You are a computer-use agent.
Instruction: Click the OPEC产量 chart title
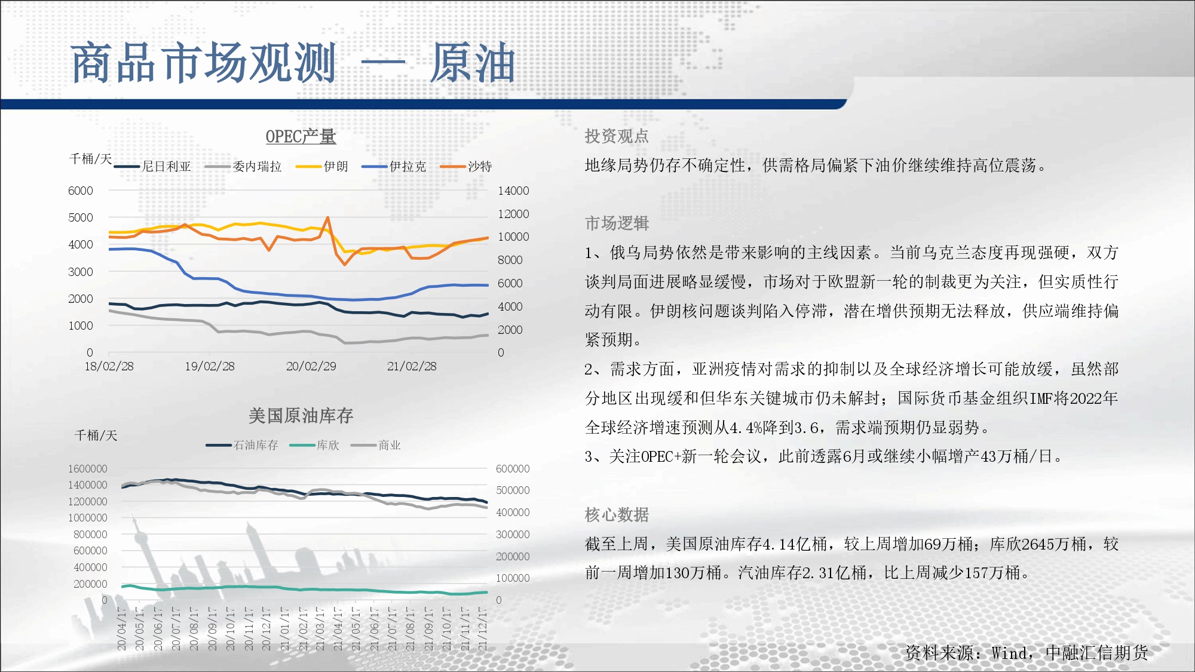[x=301, y=137]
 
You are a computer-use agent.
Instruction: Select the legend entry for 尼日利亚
[x=152, y=167]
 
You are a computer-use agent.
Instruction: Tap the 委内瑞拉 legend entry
[x=243, y=167]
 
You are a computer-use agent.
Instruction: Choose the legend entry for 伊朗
[x=322, y=167]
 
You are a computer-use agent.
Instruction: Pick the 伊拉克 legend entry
[x=394, y=167]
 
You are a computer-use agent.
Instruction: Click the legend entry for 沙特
[x=466, y=167]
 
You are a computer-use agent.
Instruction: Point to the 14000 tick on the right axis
[x=513, y=191]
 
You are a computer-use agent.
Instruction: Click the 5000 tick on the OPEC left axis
[x=81, y=217]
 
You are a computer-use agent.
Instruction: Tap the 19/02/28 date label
[x=210, y=366]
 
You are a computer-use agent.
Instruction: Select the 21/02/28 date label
[x=412, y=366]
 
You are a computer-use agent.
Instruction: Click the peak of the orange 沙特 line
[x=327, y=217]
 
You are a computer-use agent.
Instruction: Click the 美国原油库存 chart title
[x=301, y=415]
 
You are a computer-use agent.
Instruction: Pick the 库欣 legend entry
[x=314, y=445]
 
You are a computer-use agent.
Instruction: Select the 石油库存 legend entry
[x=242, y=445]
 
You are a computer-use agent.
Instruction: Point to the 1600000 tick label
[x=88, y=469]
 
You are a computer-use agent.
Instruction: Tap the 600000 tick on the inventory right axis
[x=513, y=469]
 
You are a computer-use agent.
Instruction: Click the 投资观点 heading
[x=617, y=136]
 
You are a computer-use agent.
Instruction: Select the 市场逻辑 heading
[x=617, y=223]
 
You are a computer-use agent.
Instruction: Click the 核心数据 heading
[x=617, y=515]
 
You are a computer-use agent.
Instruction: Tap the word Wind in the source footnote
[x=1009, y=653]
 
